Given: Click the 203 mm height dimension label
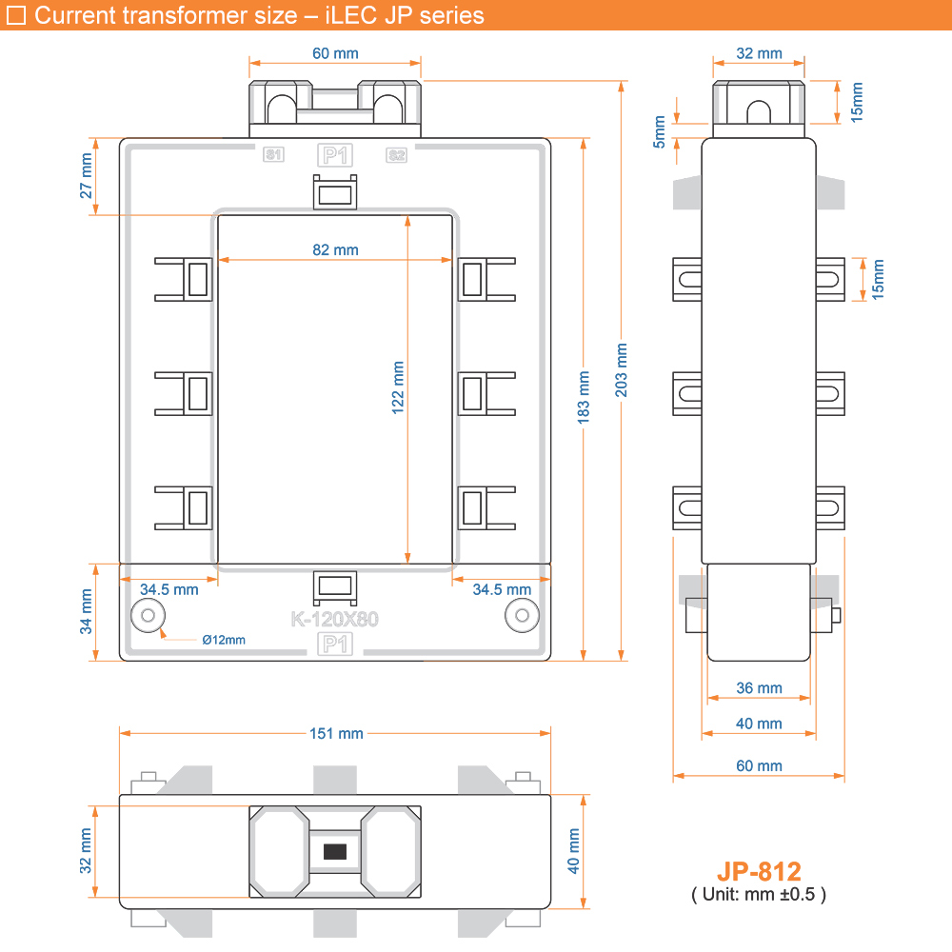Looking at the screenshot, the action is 621,369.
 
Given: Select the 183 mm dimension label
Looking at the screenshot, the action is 584,398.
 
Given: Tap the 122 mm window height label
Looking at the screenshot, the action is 398,388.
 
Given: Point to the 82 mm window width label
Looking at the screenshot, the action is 335,249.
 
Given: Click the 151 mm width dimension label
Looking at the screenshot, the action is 336,733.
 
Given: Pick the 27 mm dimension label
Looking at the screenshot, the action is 87,176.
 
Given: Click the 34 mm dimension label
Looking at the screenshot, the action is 87,611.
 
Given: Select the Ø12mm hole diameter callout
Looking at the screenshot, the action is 224,640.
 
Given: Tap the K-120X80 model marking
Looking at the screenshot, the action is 334,620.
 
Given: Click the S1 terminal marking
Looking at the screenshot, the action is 273,155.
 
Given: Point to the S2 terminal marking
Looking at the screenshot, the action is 396,155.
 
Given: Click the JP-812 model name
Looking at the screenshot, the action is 759,872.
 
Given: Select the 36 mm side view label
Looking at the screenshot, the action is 759,688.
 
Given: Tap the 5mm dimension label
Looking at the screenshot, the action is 660,131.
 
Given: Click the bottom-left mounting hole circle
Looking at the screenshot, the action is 149,616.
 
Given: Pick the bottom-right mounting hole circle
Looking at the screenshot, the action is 522,616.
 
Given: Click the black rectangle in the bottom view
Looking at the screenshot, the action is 335,852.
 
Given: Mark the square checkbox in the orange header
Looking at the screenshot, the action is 16,15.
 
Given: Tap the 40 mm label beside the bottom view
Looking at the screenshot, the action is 573,851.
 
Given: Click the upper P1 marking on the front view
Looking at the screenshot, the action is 335,155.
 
